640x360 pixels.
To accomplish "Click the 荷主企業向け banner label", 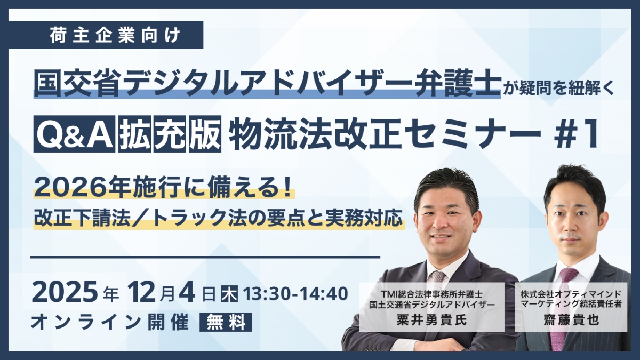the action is (115, 35).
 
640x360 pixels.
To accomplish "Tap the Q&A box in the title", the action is (74, 134).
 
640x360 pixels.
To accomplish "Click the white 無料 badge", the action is (226, 322).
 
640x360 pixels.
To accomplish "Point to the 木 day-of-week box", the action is (229, 294).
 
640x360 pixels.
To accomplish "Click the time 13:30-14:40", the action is (295, 294).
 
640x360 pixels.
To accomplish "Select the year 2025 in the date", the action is (65, 292).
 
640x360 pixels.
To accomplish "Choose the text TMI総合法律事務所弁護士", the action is (431, 294).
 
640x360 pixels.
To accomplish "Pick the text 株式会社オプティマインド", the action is (571, 294).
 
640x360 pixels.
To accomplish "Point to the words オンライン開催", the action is (110, 322).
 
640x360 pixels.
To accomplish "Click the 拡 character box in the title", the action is (135, 134).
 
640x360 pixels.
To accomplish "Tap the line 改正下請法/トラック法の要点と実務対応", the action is (218, 218).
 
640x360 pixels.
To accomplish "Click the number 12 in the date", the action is (142, 292).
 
